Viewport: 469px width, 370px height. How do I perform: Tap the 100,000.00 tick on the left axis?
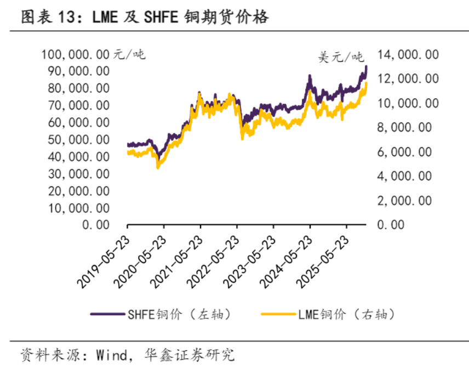(x=76, y=54)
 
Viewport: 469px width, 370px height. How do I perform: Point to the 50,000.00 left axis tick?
(x=79, y=139)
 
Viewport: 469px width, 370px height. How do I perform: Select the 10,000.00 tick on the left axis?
(x=79, y=208)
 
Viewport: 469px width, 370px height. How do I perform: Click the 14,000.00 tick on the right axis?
(x=407, y=54)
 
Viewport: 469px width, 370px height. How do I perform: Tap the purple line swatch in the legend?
(x=107, y=314)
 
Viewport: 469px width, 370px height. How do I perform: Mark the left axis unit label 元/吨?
(x=130, y=54)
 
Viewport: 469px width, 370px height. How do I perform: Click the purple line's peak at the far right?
(x=366, y=66)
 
